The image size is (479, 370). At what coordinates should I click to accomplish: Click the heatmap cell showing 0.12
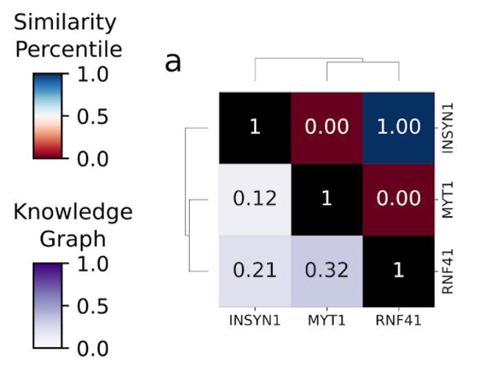[255, 199]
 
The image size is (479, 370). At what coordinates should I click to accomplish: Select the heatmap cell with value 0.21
[255, 270]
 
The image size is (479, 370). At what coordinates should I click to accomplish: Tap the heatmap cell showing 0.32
[326, 270]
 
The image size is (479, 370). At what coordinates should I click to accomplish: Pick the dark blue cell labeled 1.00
[398, 127]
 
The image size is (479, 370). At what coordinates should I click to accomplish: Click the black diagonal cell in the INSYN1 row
[255, 127]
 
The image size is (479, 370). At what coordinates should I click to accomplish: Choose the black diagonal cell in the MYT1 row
[326, 199]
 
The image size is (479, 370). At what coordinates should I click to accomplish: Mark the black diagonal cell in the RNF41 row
[398, 270]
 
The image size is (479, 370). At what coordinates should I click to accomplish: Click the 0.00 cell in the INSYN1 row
[326, 127]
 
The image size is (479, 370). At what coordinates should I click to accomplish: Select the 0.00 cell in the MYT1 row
[398, 199]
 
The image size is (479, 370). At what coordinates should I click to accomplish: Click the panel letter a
[173, 63]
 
